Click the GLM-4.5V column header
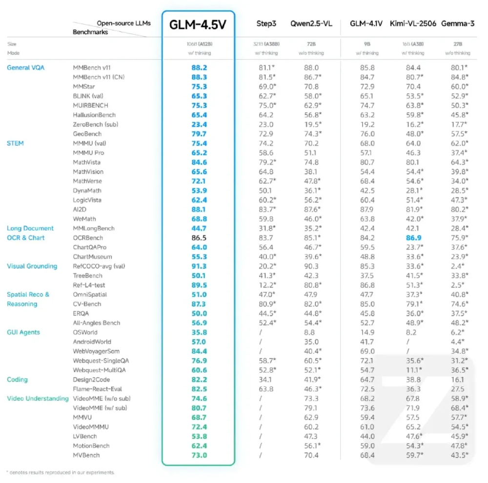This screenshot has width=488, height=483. tap(198, 25)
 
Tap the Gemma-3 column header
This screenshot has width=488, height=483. tap(458, 23)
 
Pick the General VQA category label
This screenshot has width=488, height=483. tap(25, 68)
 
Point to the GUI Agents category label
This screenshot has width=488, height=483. tap(23, 332)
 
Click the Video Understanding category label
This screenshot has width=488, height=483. tap(38, 399)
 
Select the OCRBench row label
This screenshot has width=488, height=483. tap(88, 238)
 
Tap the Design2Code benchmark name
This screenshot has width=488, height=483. tap(91, 380)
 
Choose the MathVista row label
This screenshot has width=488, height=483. tap(88, 162)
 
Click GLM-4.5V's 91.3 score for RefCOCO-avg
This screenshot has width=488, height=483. tap(199, 266)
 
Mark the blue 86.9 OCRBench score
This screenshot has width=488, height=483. tap(413, 238)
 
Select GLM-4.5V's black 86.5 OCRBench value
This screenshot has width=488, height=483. tap(199, 238)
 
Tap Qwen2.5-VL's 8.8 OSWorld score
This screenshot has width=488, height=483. tap(311, 332)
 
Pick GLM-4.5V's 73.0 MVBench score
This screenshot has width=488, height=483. tap(199, 455)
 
